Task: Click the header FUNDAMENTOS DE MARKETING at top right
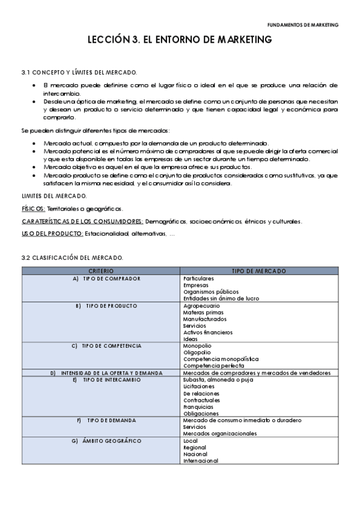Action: [303, 25]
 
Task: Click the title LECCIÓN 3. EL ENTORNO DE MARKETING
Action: [180, 40]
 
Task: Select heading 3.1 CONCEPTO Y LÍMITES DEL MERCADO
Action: [79, 72]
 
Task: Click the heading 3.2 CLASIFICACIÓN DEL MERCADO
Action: [72, 257]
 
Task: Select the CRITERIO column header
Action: [101, 271]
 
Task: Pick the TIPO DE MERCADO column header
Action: [258, 271]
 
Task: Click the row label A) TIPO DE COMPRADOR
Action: [107, 279]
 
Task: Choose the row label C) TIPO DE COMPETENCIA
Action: [107, 346]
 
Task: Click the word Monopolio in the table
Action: [197, 346]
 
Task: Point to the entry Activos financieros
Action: [207, 332]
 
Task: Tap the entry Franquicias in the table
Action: [198, 407]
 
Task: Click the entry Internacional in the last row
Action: [201, 461]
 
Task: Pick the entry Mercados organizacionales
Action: [220, 433]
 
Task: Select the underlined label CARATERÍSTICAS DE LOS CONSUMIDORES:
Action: [82, 221]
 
